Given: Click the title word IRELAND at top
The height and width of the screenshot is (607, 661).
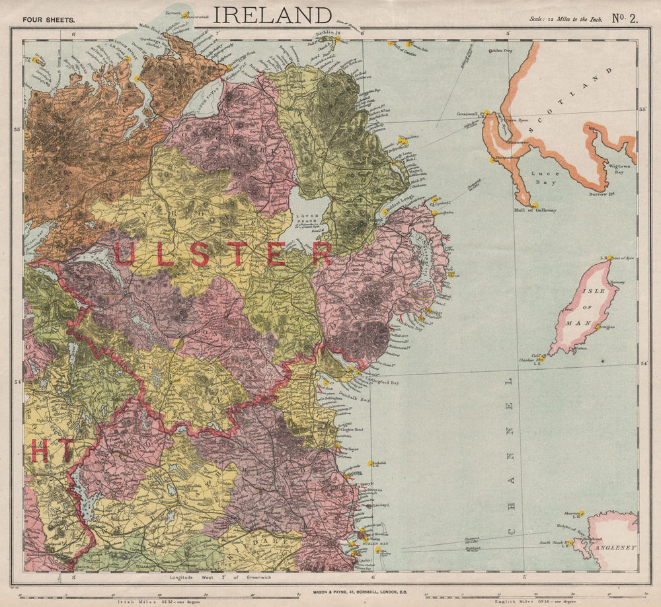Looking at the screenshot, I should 272,15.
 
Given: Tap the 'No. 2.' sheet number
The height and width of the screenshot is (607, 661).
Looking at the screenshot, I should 624,18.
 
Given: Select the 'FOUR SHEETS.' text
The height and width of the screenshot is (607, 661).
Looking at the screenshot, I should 48,20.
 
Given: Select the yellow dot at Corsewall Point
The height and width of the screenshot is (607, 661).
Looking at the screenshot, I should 485,113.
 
